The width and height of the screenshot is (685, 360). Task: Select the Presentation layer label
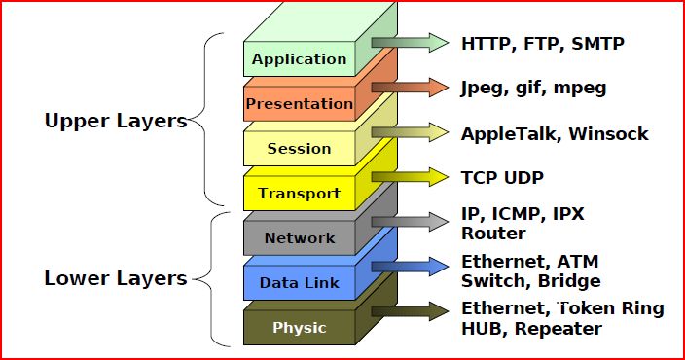coord(299,104)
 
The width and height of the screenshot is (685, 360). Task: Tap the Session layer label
coord(299,149)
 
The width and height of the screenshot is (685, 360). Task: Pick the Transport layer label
coord(299,193)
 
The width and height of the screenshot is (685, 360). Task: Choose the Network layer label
coord(299,237)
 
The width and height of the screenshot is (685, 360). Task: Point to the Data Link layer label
coord(299,282)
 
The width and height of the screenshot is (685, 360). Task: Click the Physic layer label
coord(299,327)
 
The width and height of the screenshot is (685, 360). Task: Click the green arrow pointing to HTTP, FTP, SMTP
coord(410,42)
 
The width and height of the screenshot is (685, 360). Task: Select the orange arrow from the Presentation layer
coord(410,87)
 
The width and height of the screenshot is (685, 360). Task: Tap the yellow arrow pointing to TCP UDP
coord(410,177)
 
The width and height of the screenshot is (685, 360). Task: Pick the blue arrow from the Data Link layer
coord(410,266)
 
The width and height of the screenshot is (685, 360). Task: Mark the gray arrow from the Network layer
coord(410,221)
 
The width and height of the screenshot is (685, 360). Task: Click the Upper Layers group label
coord(115,122)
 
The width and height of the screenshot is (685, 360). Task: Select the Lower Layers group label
coord(115,278)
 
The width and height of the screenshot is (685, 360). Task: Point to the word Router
coord(492,233)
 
